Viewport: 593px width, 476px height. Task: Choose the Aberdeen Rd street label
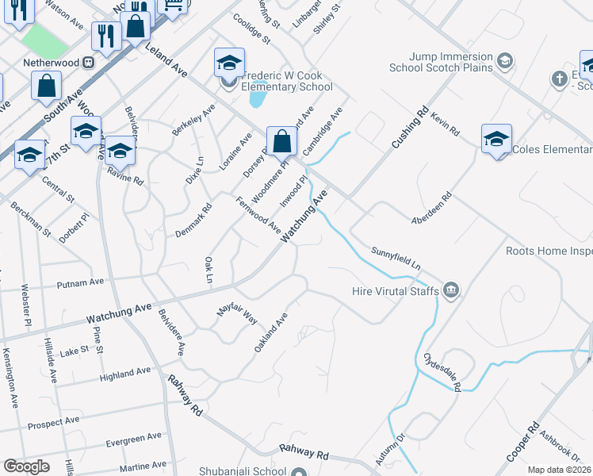430,207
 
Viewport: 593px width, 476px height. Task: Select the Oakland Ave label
270,333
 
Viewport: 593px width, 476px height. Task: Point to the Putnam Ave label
80,282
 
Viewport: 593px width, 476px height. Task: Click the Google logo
26,466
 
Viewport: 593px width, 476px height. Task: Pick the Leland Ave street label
166,60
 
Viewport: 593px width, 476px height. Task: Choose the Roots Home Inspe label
549,251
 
